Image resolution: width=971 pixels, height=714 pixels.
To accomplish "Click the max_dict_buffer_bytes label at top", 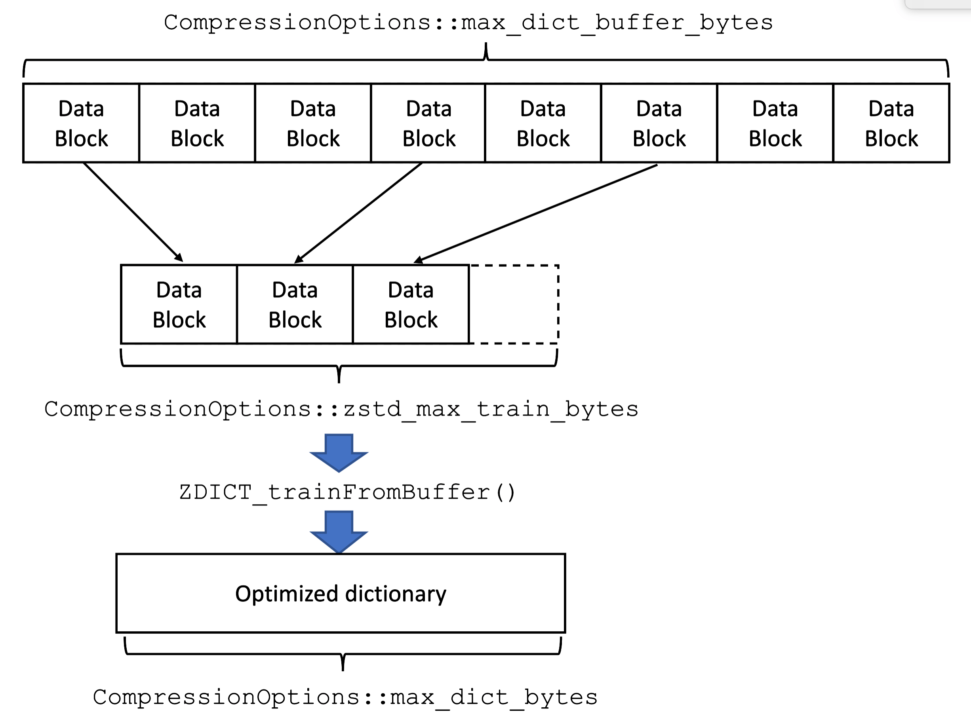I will pyautogui.click(x=468, y=23).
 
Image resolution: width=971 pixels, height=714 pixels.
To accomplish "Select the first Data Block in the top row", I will pyautogui.click(x=81, y=123).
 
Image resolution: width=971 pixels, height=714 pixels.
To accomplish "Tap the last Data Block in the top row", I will pyautogui.click(x=891, y=123).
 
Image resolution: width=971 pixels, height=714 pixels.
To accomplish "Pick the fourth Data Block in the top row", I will pyautogui.click(x=428, y=123).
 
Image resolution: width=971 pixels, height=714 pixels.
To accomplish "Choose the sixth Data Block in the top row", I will pyautogui.click(x=659, y=123).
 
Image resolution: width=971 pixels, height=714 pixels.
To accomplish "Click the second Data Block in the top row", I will pyautogui.click(x=197, y=123).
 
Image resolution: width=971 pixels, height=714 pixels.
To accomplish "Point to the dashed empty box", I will pyautogui.click(x=514, y=305).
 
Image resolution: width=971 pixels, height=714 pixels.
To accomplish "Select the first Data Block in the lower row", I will pyautogui.click(x=179, y=305).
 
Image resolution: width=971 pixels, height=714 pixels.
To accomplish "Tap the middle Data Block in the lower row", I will pyautogui.click(x=295, y=305).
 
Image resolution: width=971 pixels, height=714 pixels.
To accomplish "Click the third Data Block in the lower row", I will pyautogui.click(x=411, y=305).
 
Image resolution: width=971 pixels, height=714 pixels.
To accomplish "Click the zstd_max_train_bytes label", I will pyautogui.click(x=341, y=409).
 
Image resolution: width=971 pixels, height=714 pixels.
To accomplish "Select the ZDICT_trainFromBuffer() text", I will pyautogui.click(x=347, y=492).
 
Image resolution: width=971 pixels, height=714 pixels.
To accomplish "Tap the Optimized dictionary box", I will pyautogui.click(x=341, y=593).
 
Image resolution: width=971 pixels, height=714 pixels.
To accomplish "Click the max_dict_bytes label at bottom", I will pyautogui.click(x=345, y=697).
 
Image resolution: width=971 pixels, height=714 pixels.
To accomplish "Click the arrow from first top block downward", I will pyautogui.click(x=133, y=212).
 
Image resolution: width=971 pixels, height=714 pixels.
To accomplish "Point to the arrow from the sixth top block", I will pyautogui.click(x=536, y=213).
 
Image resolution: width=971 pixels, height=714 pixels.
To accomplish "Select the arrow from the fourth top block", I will pyautogui.click(x=359, y=212).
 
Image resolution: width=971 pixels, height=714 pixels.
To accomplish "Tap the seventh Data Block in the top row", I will pyautogui.click(x=775, y=123).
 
